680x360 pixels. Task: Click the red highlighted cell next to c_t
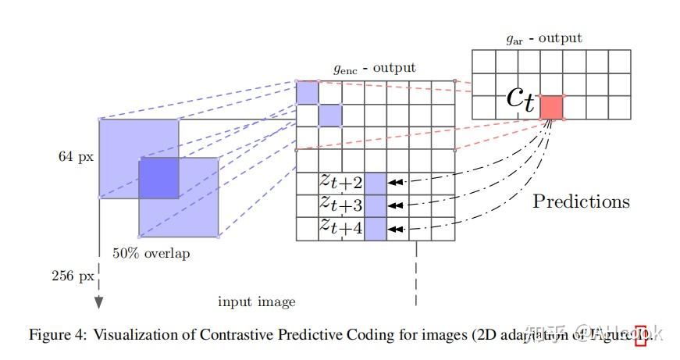(x=553, y=107)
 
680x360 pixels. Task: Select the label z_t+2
(x=341, y=182)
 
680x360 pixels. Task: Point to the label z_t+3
(x=341, y=205)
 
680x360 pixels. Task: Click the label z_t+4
(x=341, y=227)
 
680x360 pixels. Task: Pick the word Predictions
(x=581, y=201)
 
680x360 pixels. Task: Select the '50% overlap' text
(x=151, y=253)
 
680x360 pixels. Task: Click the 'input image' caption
(x=256, y=301)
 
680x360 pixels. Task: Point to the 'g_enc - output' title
(x=375, y=68)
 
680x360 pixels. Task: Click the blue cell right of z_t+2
(x=376, y=183)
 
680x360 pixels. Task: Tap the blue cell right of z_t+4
(x=376, y=228)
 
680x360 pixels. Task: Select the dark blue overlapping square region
(x=158, y=177)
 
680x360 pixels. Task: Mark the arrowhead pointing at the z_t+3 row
(x=396, y=205)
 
